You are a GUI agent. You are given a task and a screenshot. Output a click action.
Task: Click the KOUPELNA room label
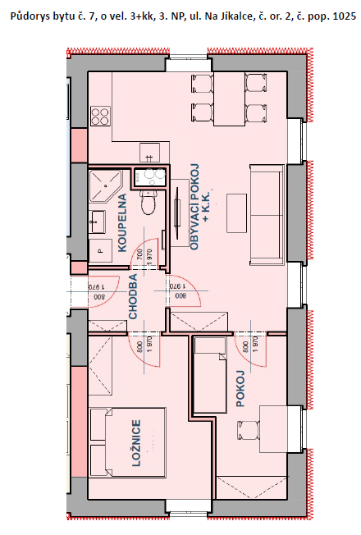tap(122, 223)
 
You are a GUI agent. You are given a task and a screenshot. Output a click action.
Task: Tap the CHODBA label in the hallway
tap(133, 296)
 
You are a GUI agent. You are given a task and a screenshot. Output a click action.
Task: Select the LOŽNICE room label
tap(136, 443)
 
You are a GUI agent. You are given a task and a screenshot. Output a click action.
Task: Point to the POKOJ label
tap(240, 388)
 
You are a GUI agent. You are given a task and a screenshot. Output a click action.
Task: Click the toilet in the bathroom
tap(149, 203)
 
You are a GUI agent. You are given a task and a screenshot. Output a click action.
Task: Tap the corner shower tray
tap(106, 186)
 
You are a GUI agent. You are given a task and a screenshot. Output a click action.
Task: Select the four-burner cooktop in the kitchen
tap(100, 116)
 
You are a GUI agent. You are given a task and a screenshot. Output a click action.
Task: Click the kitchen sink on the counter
tap(149, 153)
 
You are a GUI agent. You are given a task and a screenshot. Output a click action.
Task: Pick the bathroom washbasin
tap(98, 222)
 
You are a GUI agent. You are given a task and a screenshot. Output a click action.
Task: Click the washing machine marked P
tap(101, 250)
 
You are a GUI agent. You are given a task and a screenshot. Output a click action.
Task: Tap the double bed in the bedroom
tap(128, 442)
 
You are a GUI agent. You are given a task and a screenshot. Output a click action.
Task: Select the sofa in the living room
tap(267, 215)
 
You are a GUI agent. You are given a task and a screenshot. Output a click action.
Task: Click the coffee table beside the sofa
tap(237, 213)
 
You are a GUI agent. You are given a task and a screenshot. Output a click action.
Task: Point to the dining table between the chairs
tap(229, 98)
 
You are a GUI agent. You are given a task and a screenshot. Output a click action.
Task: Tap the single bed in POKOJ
tap(210, 375)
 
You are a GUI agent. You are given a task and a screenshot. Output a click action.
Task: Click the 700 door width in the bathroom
tap(139, 255)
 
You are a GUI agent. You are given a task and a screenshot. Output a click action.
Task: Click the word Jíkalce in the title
tap(219, 16)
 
